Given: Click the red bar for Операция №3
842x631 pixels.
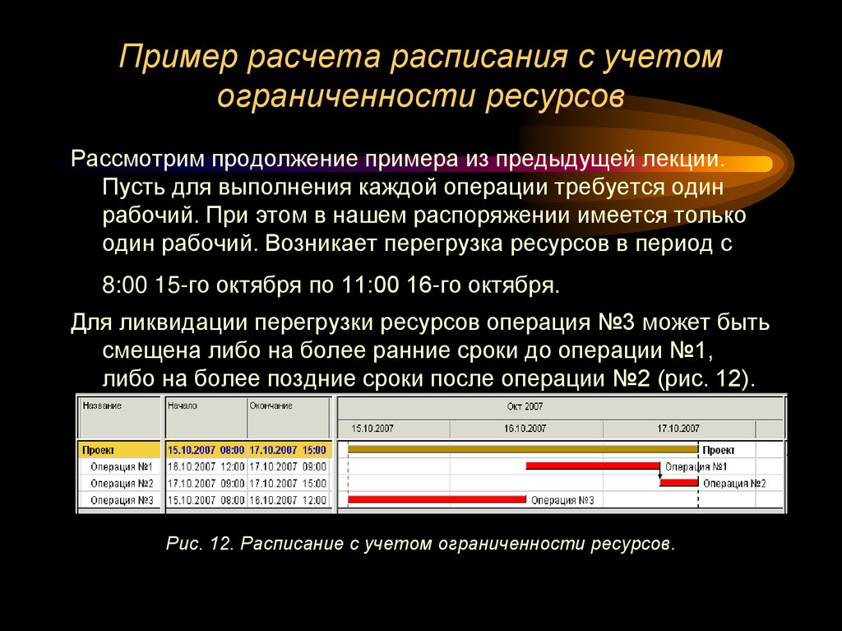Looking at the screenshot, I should [x=436, y=499].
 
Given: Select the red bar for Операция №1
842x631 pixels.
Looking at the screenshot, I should [x=592, y=466].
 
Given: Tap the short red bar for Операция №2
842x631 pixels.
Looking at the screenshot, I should [x=678, y=483].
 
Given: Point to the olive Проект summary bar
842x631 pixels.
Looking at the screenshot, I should [x=522, y=449].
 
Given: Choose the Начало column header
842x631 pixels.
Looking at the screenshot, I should [x=183, y=406].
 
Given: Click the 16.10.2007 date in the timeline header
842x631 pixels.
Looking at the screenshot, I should [x=525, y=429].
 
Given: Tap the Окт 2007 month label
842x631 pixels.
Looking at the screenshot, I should [x=525, y=406].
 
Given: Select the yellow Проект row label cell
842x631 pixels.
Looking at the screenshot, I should [x=119, y=450].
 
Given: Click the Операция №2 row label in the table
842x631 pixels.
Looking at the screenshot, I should [x=123, y=483].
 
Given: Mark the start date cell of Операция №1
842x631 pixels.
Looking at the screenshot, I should [x=206, y=466].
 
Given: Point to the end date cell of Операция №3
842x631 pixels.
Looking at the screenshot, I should [x=287, y=499].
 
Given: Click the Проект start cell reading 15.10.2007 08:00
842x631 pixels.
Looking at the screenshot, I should [x=206, y=450].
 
